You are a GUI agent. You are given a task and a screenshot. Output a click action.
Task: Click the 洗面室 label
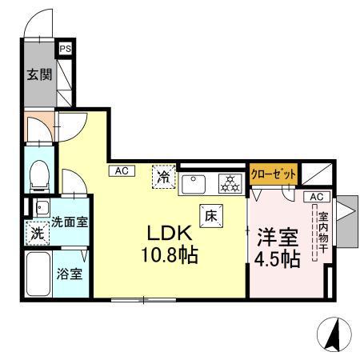(x=70, y=222)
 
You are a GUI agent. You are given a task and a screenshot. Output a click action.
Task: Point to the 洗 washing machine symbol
(x=38, y=234)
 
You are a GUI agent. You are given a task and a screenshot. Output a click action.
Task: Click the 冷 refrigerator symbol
(x=163, y=174)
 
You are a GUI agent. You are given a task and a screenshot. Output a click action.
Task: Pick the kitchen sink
(x=195, y=184)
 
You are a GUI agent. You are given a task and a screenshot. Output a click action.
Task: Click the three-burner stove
(x=230, y=184)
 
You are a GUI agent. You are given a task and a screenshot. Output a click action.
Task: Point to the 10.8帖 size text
(x=170, y=258)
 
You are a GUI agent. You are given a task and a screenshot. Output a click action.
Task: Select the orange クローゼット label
(x=274, y=174)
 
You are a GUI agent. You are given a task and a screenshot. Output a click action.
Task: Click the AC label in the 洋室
(x=315, y=196)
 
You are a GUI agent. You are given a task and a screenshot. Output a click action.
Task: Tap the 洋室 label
(x=277, y=237)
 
